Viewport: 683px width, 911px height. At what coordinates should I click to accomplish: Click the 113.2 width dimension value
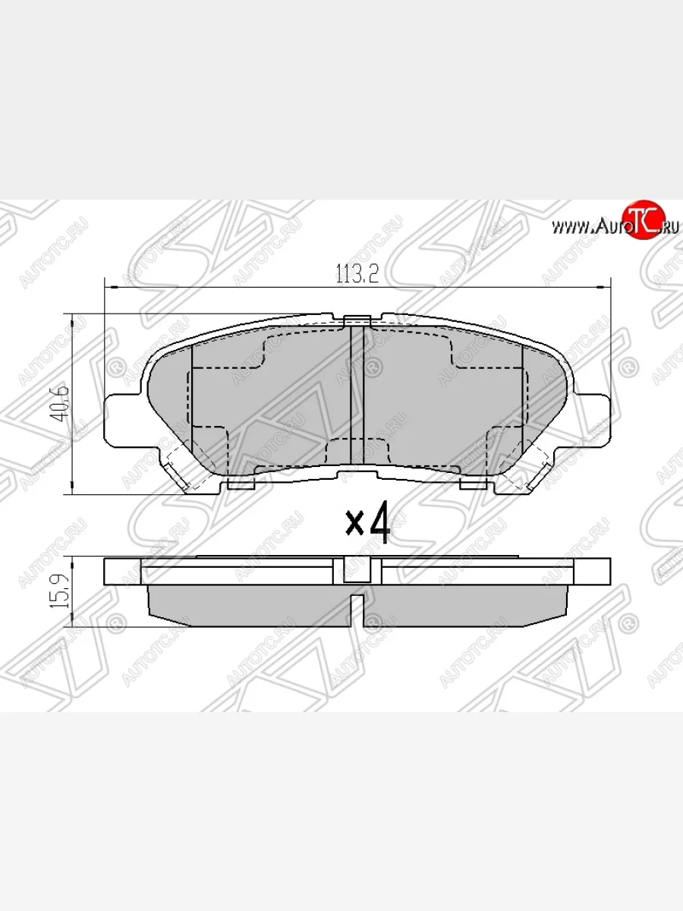[x=357, y=275]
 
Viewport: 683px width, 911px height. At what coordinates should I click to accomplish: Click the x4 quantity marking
[x=368, y=523]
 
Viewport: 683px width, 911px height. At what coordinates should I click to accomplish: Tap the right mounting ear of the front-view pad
[x=594, y=418]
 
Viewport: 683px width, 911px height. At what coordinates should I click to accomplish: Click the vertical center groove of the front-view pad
[x=357, y=395]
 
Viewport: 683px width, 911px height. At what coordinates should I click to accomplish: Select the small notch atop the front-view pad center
[x=356, y=320]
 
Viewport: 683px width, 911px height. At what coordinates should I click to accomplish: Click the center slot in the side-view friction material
[x=356, y=610]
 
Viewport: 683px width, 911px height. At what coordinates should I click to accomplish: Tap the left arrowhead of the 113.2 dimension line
[x=107, y=287]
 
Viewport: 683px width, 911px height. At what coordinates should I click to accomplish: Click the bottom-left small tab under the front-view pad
[x=241, y=483]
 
